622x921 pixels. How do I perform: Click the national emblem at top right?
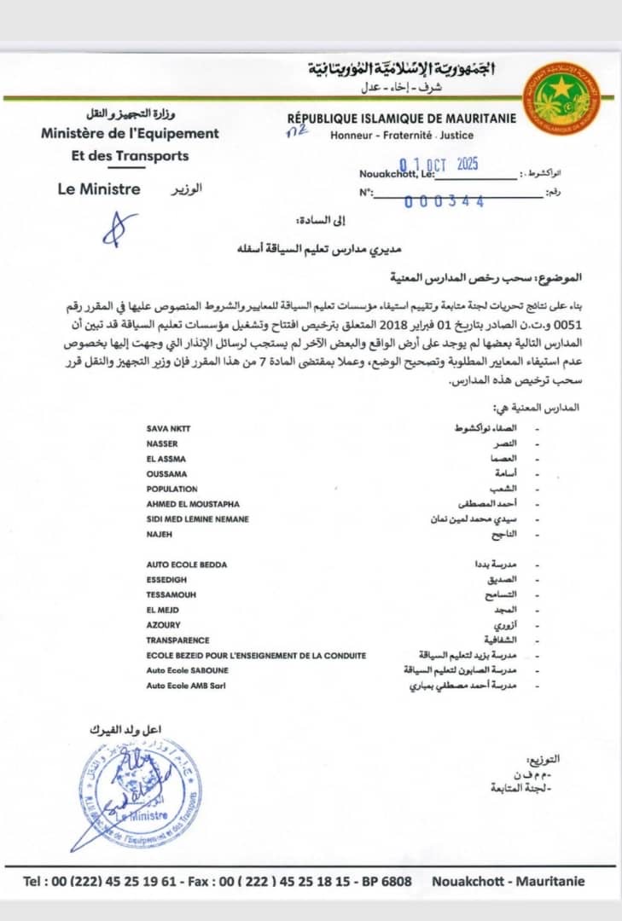coord(561,97)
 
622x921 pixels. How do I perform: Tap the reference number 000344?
coord(445,201)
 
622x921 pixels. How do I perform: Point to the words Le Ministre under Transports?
coord(99,189)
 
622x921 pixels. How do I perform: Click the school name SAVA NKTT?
coord(169,428)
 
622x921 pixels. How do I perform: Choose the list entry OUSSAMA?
coord(166,473)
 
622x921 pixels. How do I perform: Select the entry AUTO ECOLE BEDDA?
coord(186,565)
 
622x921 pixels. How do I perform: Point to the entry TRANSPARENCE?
coord(177,640)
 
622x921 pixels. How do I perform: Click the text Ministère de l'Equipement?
coord(130,133)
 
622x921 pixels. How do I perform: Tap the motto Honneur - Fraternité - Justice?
coord(402,135)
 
